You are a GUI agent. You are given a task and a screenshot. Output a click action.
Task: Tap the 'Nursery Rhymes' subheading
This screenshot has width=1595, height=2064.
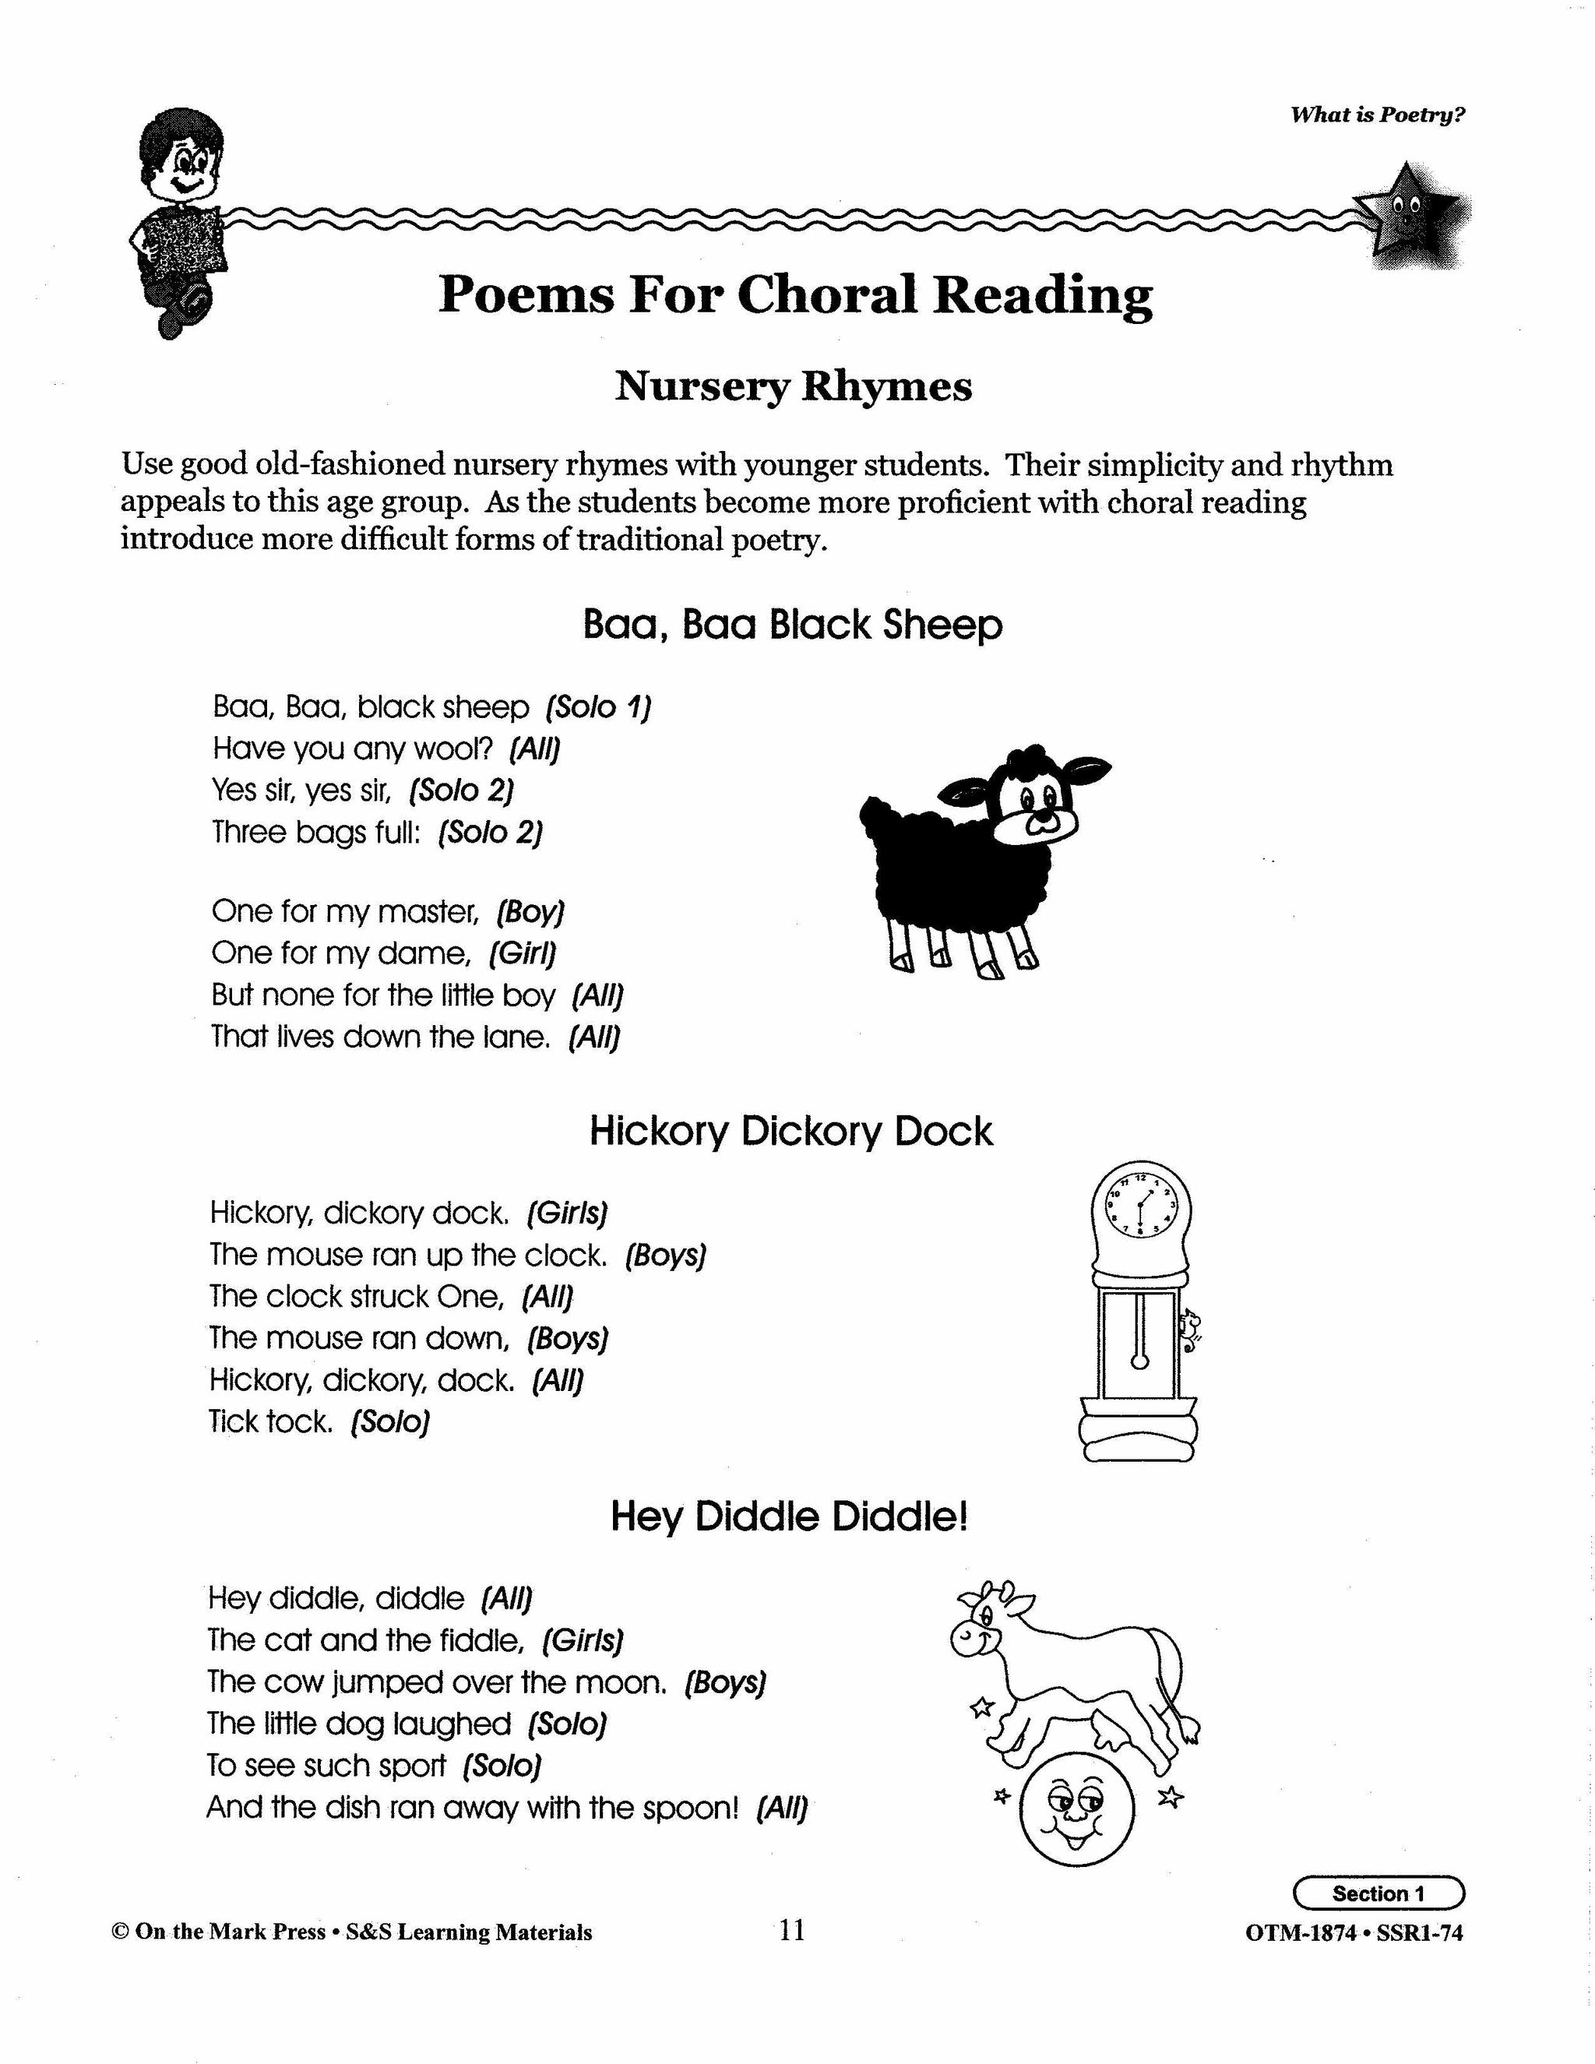coord(793,386)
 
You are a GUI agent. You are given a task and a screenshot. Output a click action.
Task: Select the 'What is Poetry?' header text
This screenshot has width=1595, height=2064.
coord(1377,115)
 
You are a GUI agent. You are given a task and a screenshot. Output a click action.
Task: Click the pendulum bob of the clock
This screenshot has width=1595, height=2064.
coord(1140,1361)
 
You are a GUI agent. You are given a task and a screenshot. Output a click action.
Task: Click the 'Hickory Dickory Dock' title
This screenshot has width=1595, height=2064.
coord(791,1131)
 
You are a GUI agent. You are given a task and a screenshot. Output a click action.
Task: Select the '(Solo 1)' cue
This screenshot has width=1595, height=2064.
coord(599,707)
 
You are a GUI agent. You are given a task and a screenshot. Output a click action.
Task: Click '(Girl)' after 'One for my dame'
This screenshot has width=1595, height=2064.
coord(523,953)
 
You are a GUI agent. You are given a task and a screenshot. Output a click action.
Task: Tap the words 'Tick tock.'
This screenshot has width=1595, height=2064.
coord(271,1421)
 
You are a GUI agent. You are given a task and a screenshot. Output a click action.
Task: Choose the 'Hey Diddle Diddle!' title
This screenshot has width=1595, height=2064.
coord(789,1516)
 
